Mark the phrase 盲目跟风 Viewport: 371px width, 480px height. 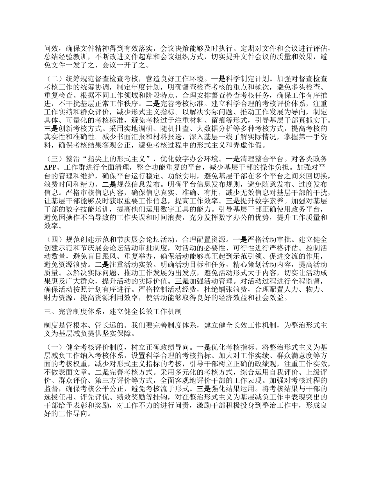coord(110,256)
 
